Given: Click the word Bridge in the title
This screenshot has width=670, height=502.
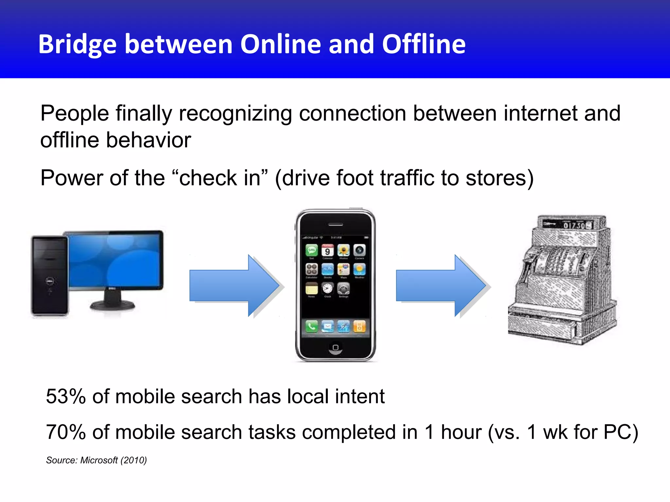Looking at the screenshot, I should pyautogui.click(x=77, y=44).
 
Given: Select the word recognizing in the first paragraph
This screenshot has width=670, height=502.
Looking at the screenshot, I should pyautogui.click(x=235, y=114).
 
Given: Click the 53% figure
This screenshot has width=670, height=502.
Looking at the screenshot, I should pyautogui.click(x=65, y=396).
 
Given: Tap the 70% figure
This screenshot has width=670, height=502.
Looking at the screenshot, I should pyautogui.click(x=65, y=432).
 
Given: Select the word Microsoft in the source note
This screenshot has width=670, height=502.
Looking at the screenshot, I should pyautogui.click(x=99, y=460).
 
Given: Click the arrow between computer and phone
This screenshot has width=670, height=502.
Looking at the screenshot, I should pyautogui.click(x=234, y=286).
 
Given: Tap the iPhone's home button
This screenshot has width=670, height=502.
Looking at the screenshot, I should pyautogui.click(x=335, y=347).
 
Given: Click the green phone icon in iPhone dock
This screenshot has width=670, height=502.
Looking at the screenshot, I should pyautogui.click(x=311, y=326).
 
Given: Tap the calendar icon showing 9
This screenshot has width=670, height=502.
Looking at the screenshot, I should pyautogui.click(x=327, y=251).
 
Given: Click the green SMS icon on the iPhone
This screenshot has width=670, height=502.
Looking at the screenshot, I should pyautogui.click(x=311, y=251).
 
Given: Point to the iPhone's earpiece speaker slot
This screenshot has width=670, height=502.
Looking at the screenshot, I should pyautogui.click(x=335, y=225).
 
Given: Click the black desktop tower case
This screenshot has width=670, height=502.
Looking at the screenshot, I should pyautogui.click(x=49, y=276).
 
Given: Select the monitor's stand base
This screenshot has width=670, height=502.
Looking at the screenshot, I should pyautogui.click(x=112, y=305).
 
